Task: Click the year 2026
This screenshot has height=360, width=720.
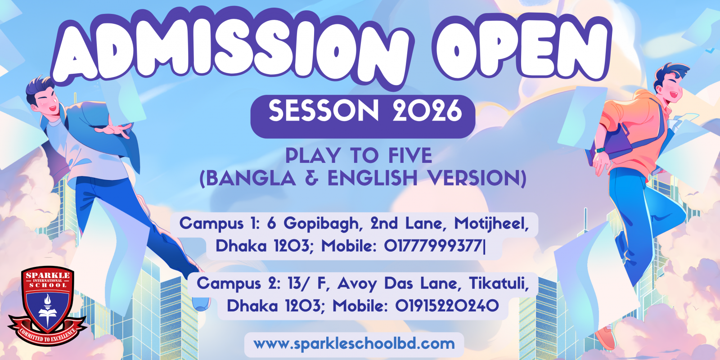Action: click(427, 111)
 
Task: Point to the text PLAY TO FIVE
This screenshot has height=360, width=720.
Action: click(359, 156)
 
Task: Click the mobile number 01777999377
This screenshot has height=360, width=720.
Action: click(433, 246)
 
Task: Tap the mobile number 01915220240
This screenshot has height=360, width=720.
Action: click(447, 306)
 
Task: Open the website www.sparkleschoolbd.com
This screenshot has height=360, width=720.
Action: click(354, 344)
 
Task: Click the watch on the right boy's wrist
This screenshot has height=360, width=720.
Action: click(600, 150)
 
